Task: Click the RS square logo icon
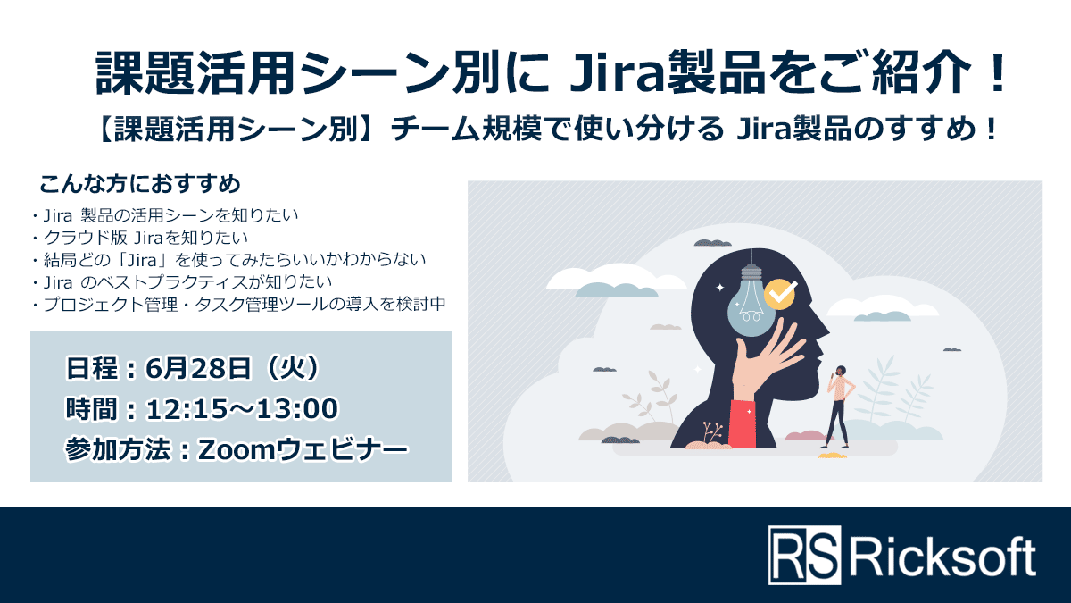804,556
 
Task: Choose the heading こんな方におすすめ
140,186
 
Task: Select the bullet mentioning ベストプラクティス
181,282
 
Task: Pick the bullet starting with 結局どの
228,260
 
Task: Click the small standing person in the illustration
838,406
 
